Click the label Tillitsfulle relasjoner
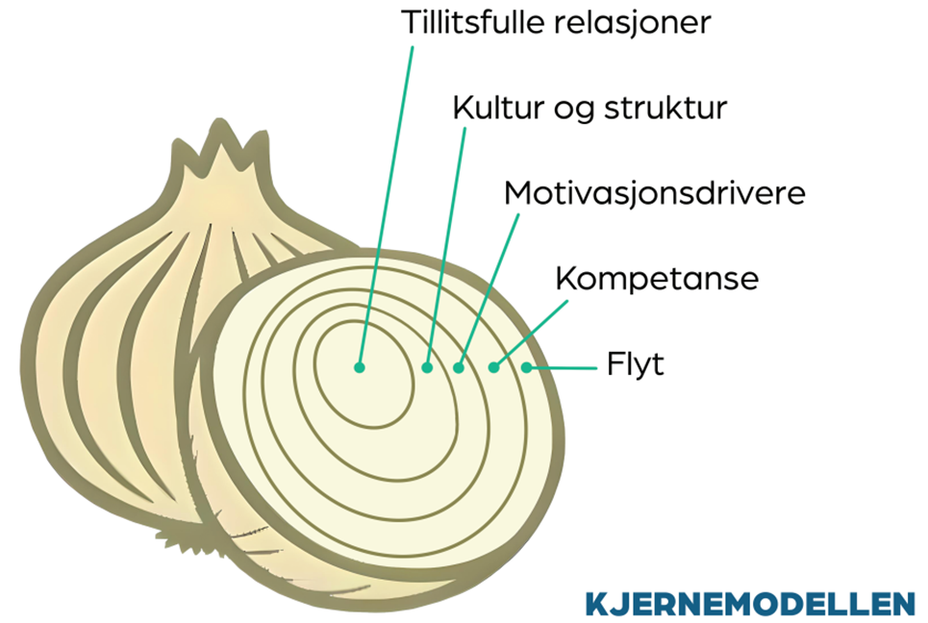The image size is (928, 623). click(x=555, y=22)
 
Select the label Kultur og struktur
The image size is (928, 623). click(x=589, y=107)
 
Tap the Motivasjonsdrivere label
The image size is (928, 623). click(x=654, y=192)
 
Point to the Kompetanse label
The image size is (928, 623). click(x=658, y=279)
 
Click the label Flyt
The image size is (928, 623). click(x=636, y=365)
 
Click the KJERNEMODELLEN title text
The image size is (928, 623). click(x=749, y=603)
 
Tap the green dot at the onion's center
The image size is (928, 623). click(x=360, y=366)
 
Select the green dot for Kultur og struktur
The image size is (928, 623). click(x=428, y=366)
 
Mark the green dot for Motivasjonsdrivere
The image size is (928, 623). click(x=460, y=366)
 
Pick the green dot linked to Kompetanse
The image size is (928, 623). click(x=493, y=366)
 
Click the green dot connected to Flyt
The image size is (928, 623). click(x=526, y=366)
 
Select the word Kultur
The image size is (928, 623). click(x=488, y=107)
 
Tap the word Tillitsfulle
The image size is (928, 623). click(x=474, y=22)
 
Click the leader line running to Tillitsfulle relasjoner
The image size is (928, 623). click(x=389, y=192)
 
